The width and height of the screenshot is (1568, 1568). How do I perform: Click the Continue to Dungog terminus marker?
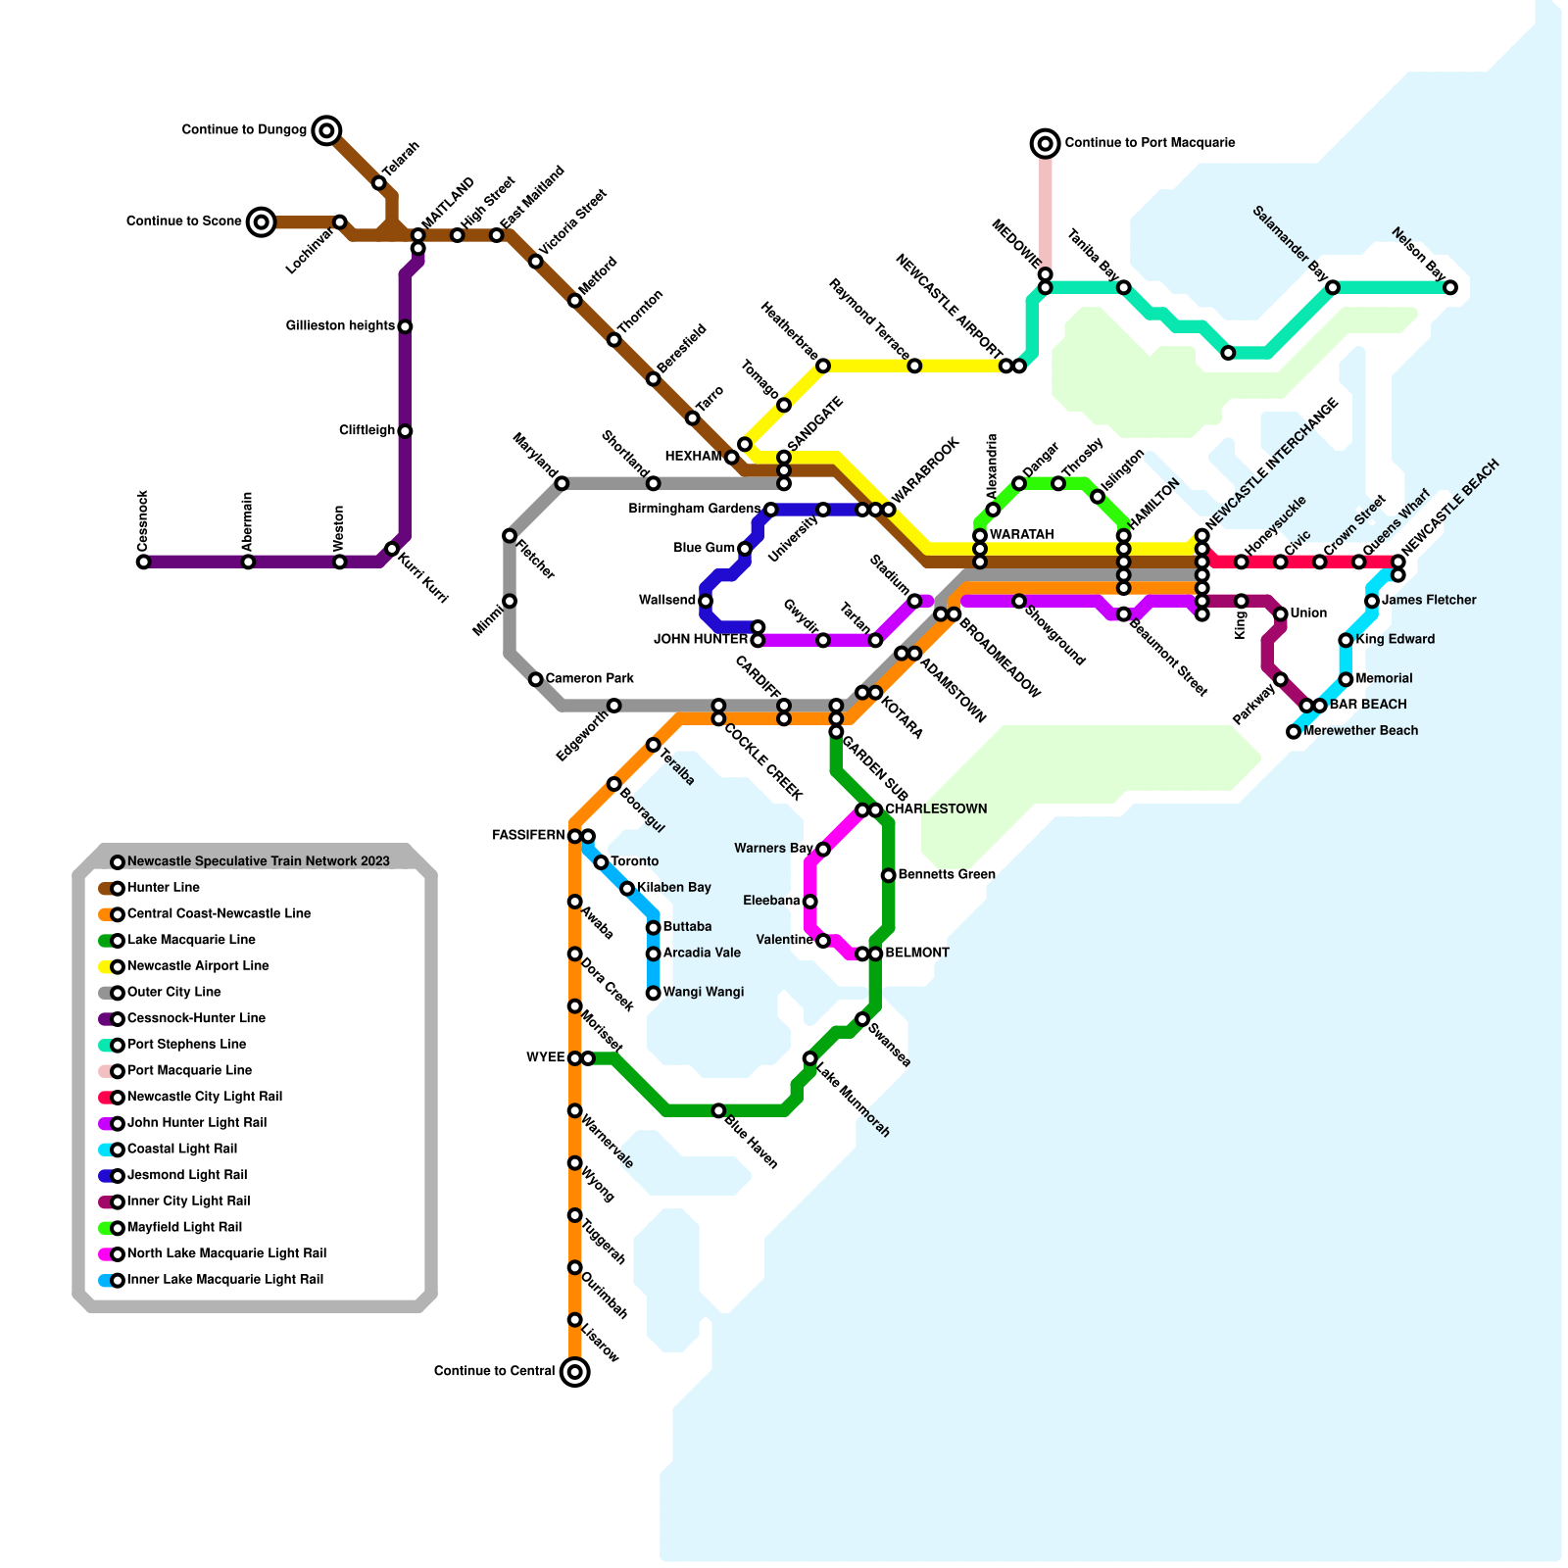tap(327, 129)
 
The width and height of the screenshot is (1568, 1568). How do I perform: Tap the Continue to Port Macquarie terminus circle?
tap(1046, 143)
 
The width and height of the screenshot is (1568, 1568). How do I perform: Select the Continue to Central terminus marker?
tap(575, 1371)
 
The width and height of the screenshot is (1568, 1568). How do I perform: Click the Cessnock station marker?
tap(143, 562)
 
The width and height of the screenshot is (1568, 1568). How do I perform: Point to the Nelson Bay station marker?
tap(1450, 287)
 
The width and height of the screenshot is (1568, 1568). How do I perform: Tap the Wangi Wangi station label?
tap(703, 992)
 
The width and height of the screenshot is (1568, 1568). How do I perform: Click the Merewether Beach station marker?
tap(1294, 731)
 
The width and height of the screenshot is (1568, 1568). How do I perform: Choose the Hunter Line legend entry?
tap(163, 888)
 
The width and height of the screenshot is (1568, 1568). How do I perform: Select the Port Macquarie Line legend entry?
tap(188, 1070)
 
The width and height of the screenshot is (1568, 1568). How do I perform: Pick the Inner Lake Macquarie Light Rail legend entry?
tap(224, 1279)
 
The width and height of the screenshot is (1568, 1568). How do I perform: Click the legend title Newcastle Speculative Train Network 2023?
tap(258, 861)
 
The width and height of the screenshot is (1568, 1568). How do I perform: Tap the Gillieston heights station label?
tap(340, 325)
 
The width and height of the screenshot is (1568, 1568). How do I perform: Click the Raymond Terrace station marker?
tap(914, 366)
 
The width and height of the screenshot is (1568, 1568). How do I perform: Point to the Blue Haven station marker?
tap(718, 1110)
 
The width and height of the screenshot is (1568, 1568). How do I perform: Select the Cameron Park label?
tap(589, 678)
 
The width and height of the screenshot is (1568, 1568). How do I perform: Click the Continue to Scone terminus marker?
tap(261, 221)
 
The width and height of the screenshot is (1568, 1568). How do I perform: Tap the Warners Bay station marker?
tap(823, 849)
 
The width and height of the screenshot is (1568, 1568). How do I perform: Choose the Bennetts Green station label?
tap(946, 874)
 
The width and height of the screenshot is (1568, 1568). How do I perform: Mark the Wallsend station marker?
tap(706, 601)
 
